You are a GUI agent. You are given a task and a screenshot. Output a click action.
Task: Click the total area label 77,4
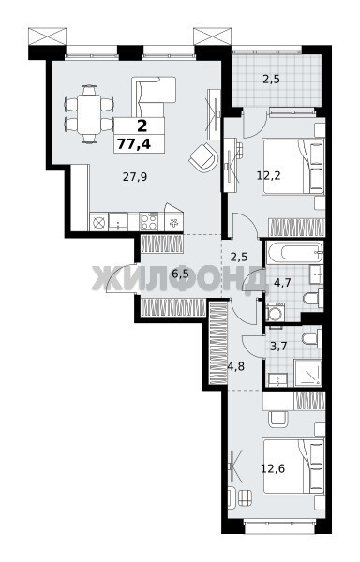(134, 144)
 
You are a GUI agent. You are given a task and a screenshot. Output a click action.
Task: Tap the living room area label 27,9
(135, 177)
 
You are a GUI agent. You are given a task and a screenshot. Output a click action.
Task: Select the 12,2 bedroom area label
(268, 176)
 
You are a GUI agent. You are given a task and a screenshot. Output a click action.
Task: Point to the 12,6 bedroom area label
(273, 468)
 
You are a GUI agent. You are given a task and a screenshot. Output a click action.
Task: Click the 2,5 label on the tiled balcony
(271, 80)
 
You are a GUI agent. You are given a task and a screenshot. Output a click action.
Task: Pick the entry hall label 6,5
(180, 274)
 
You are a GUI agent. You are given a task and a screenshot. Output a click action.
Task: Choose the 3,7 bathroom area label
(278, 347)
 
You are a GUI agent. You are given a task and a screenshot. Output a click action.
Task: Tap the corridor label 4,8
(236, 366)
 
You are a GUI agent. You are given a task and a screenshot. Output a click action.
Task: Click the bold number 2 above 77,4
(142, 126)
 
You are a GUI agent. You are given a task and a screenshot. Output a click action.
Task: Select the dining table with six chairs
(89, 114)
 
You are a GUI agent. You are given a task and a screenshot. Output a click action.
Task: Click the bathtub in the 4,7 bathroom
(294, 252)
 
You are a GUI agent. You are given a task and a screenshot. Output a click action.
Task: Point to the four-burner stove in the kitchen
(149, 221)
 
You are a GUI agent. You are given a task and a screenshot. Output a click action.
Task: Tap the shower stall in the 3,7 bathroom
(308, 373)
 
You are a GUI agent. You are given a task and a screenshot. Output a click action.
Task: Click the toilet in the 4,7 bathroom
(313, 298)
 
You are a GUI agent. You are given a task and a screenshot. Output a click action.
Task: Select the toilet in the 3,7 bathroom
(311, 338)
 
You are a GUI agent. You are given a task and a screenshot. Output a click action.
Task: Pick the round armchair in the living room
(203, 156)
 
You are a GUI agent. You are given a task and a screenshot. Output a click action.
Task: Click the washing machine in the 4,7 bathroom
(276, 312)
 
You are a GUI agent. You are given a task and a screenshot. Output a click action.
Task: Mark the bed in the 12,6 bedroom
(293, 466)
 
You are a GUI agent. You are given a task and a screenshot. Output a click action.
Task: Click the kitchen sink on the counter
(118, 221)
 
